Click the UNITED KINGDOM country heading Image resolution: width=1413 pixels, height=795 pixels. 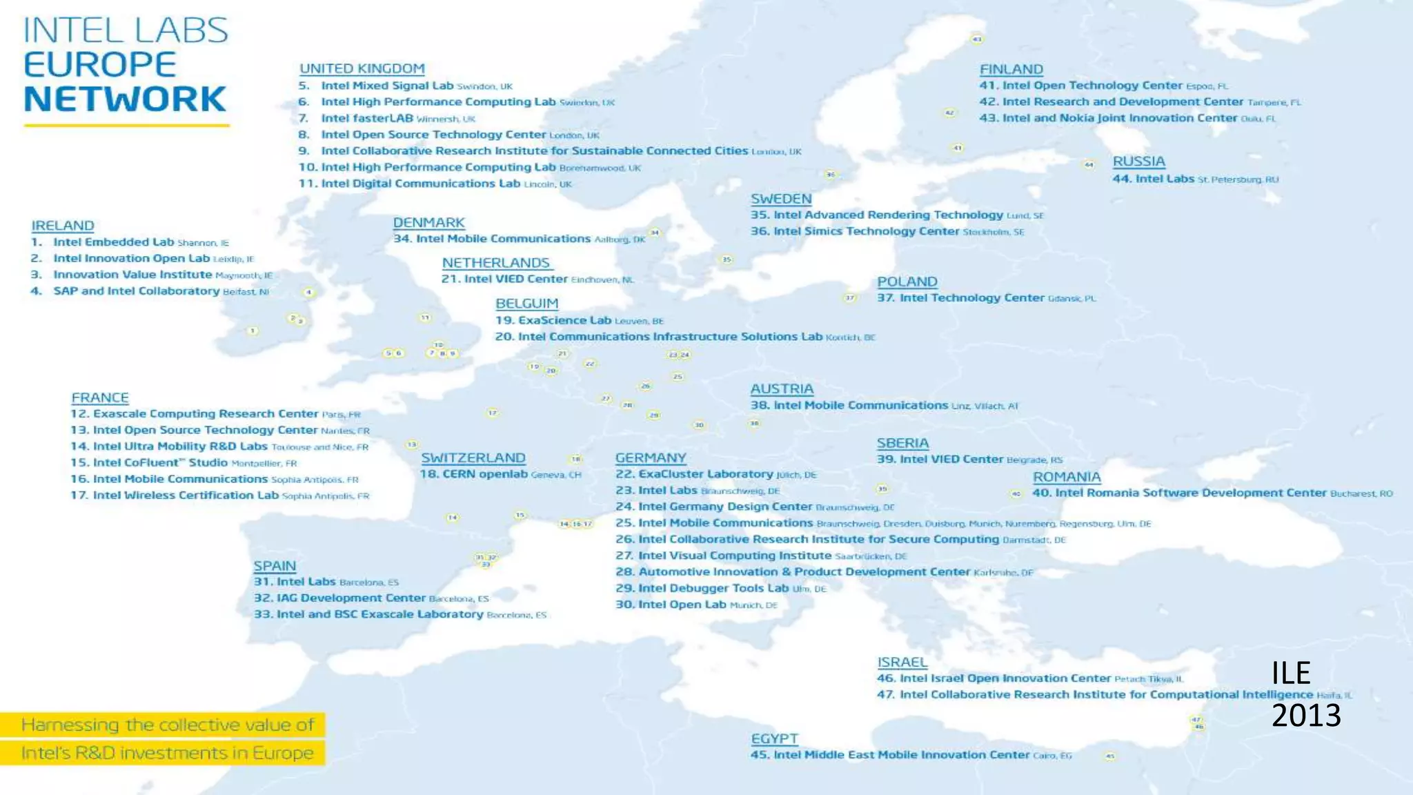[362, 68]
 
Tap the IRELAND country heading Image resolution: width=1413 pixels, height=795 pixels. [62, 226]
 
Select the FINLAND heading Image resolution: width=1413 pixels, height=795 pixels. [1011, 69]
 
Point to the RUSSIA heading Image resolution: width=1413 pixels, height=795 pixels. [1138, 161]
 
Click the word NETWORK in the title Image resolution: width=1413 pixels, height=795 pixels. [125, 99]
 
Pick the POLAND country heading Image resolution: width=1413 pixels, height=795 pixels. [907, 282]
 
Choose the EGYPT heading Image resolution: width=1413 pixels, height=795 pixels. [774, 738]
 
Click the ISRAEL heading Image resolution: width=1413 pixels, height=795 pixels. [902, 662]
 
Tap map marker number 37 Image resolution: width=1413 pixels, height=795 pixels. [850, 297]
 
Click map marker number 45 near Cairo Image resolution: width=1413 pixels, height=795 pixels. [1110, 756]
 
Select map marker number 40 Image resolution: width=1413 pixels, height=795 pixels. [1016, 493]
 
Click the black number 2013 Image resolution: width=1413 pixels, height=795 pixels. [1306, 716]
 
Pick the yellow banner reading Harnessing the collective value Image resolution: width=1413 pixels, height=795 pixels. [163, 725]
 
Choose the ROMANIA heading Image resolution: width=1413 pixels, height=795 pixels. [1066, 477]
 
